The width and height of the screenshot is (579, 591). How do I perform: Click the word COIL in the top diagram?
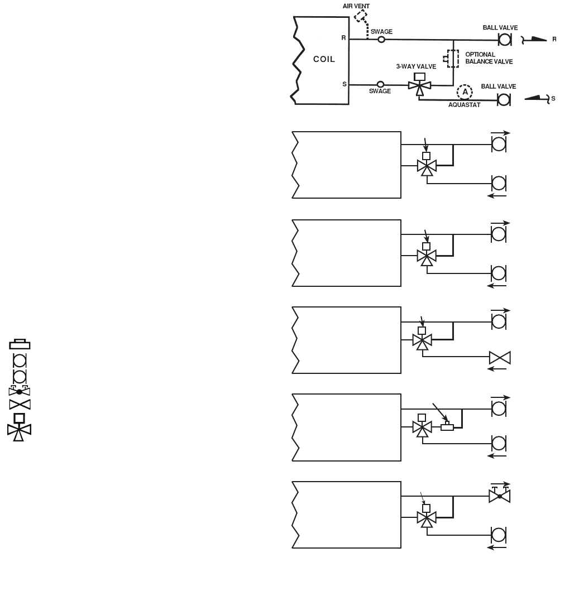(x=324, y=60)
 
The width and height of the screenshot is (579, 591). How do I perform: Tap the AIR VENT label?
(x=356, y=6)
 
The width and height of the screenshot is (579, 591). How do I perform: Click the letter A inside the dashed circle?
(x=465, y=91)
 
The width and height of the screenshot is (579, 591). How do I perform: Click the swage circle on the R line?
(x=382, y=40)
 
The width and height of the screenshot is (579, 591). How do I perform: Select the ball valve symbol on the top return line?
(x=505, y=40)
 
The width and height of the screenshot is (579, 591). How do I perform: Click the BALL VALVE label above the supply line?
(x=499, y=87)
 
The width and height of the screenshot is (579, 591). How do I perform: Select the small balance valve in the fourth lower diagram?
(x=447, y=427)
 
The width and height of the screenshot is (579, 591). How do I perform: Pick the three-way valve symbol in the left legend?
(x=19, y=427)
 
